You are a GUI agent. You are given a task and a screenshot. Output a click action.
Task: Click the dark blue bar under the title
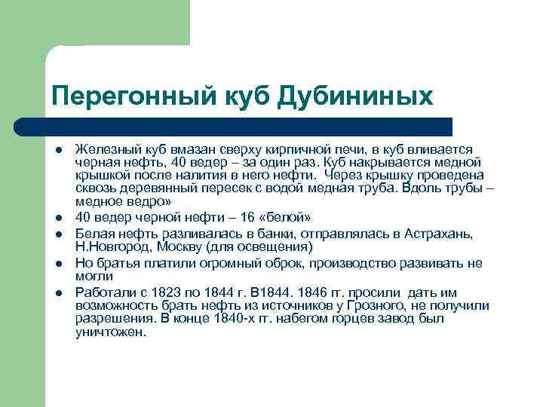(x=249, y=126)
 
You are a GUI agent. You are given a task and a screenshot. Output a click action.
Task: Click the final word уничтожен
(x=110, y=332)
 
